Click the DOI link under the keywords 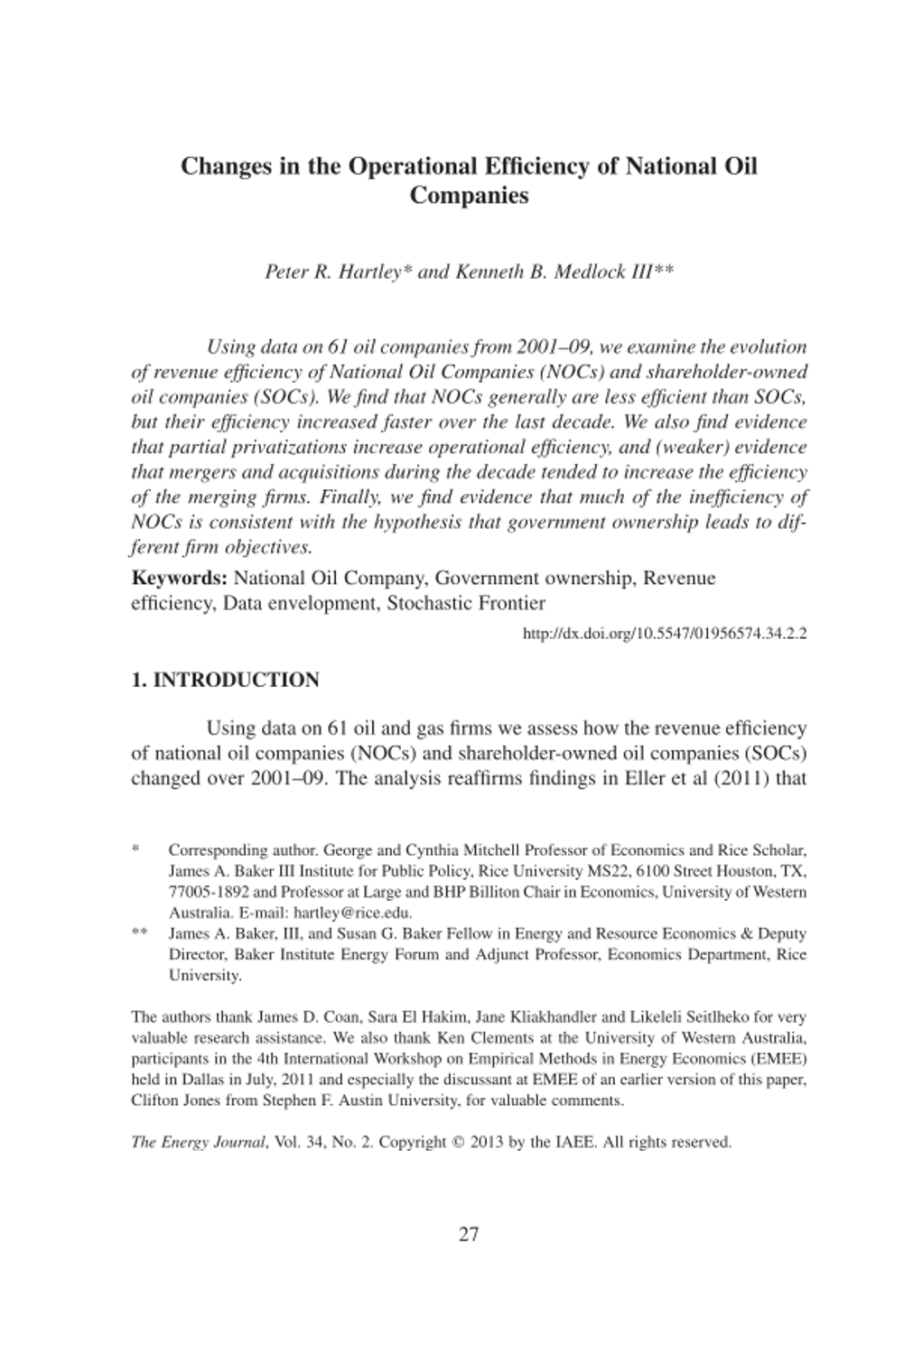click(665, 633)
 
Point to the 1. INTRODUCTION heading click(225, 680)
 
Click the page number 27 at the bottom click(469, 1234)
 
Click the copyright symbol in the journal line click(456, 1142)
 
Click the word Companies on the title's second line click(469, 195)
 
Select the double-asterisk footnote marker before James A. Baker click(139, 934)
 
